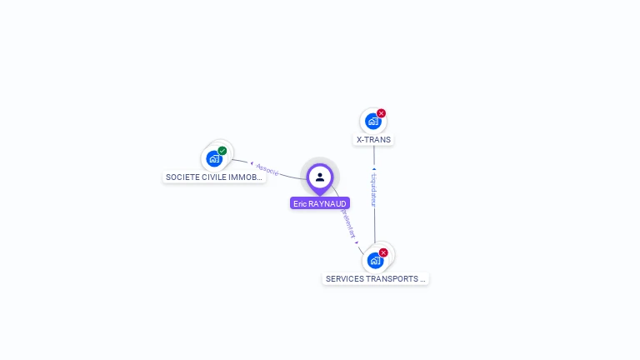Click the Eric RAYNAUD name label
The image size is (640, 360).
coord(319,203)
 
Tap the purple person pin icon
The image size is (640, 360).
coord(320,177)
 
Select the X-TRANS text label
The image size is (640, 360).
coord(373,140)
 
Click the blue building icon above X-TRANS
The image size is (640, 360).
coord(372,122)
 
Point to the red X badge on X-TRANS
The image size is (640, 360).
coord(382,113)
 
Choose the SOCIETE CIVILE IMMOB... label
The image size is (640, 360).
coord(214,177)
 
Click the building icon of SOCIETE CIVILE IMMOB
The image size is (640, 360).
coord(214,158)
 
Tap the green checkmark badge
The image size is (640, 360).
coord(222,151)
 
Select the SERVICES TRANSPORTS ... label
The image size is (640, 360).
coord(376,279)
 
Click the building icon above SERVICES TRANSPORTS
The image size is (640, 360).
coord(375,260)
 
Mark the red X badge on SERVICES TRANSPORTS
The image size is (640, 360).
coord(383,252)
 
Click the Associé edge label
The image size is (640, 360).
coord(267,168)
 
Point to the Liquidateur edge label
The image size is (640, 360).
coord(374,190)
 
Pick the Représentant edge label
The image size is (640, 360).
coord(347,223)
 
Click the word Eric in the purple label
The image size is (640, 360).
coord(300,203)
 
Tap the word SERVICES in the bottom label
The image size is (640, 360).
coord(343,279)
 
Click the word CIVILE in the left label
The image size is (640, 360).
coord(213,177)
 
